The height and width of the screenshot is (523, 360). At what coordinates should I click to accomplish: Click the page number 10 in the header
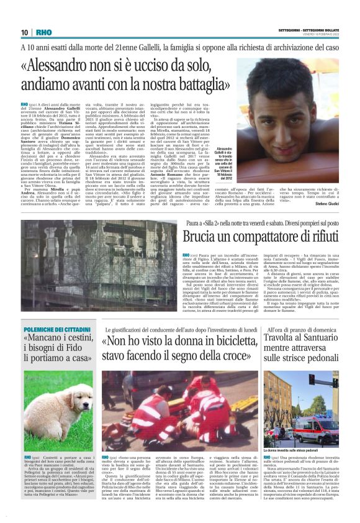[x=24, y=32]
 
